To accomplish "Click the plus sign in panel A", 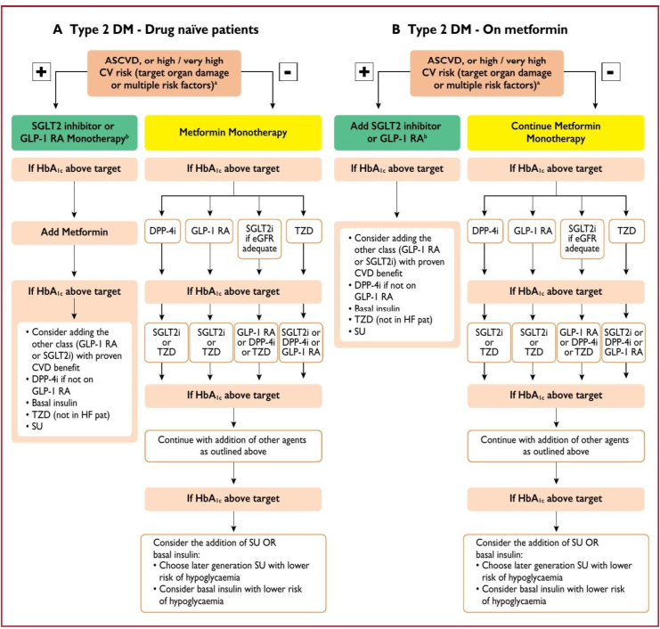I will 41,70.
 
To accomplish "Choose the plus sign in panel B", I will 363,70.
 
